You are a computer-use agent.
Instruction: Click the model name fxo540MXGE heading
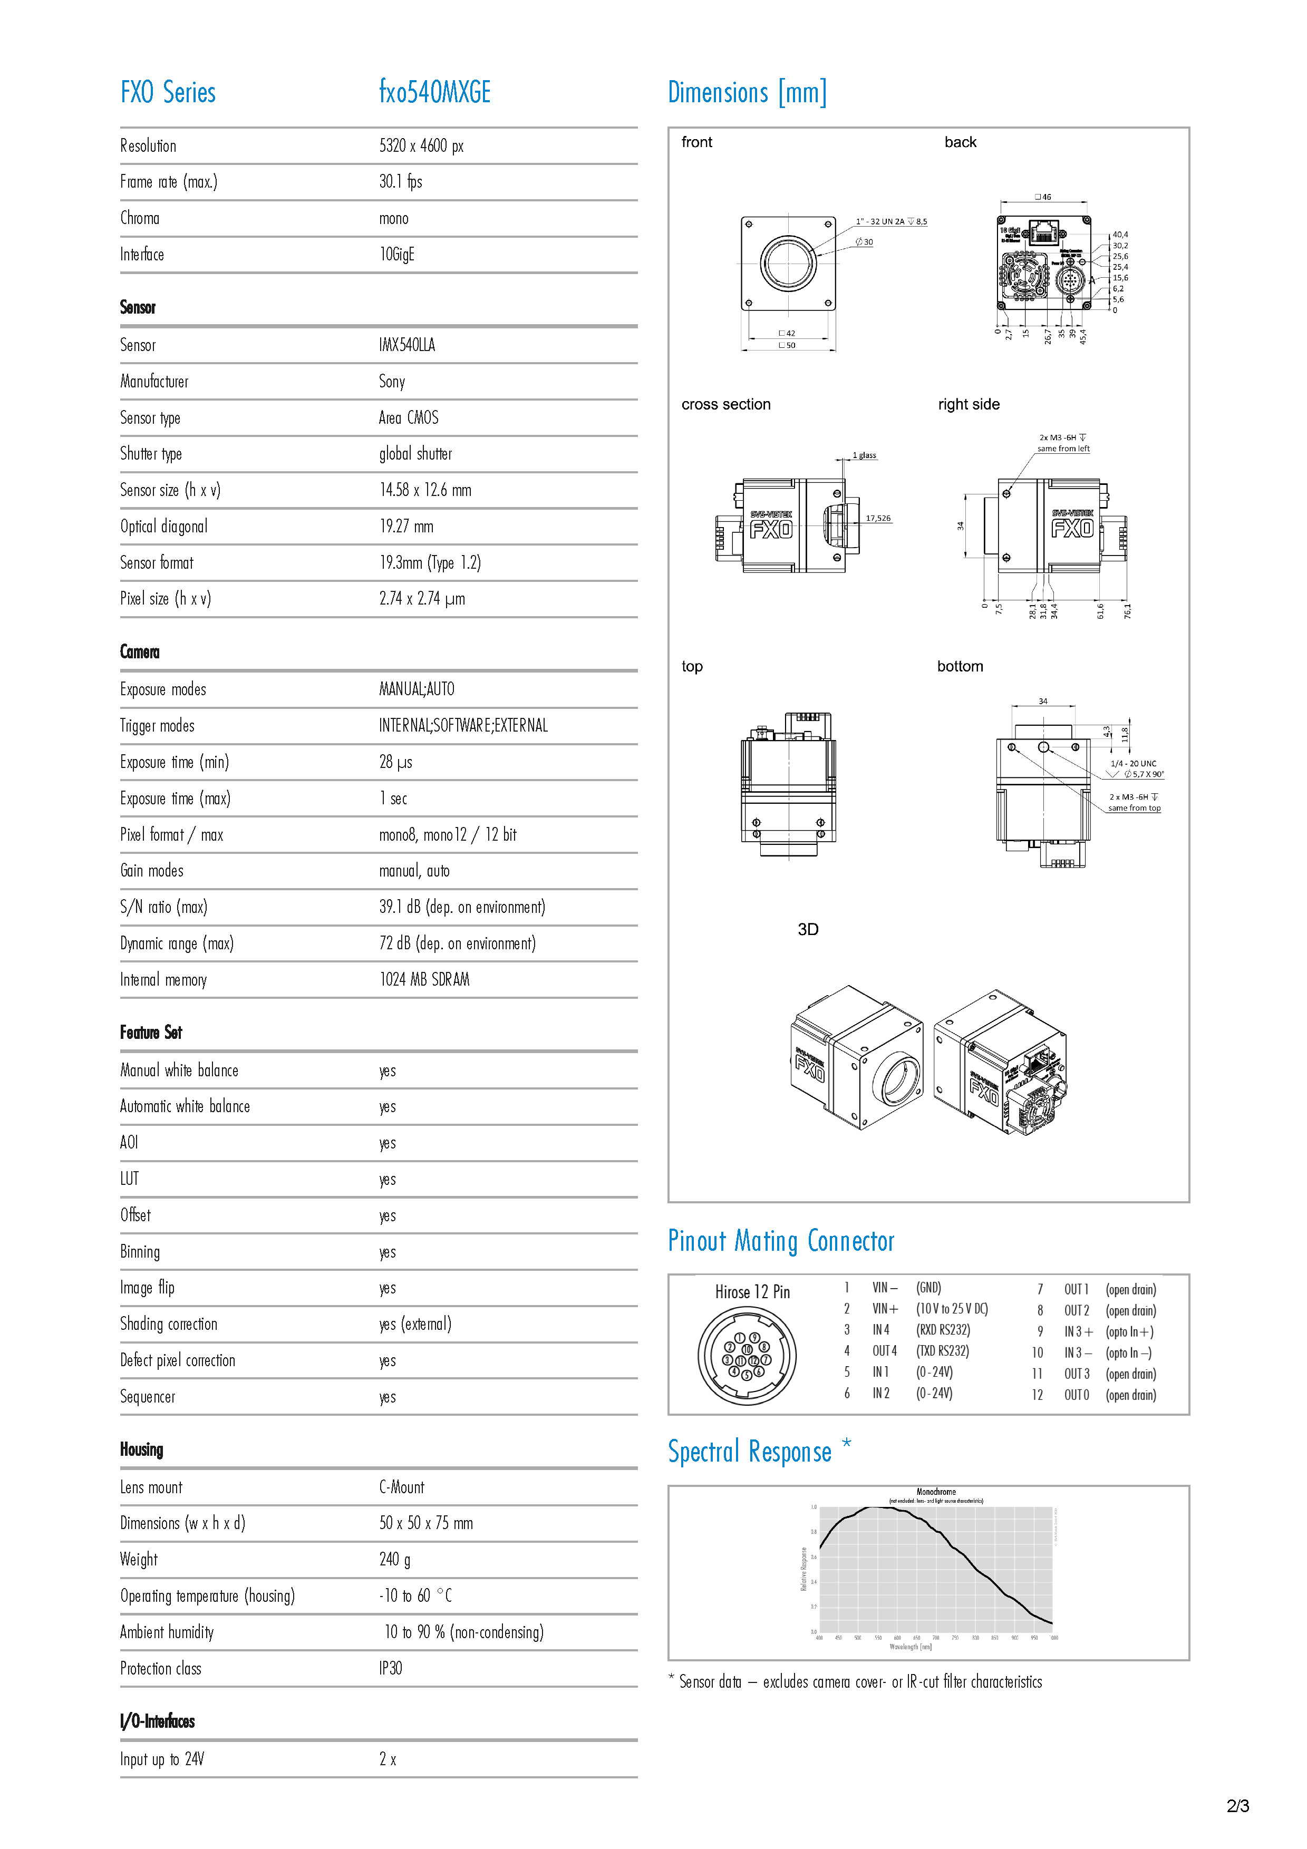click(x=435, y=93)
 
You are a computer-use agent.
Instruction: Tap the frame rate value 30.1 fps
click(x=400, y=182)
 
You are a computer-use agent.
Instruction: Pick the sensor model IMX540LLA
click(x=406, y=345)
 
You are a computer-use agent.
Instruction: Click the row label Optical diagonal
click(x=163, y=527)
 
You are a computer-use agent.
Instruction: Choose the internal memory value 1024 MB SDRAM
click(x=424, y=980)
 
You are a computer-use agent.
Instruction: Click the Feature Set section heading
click(x=151, y=1033)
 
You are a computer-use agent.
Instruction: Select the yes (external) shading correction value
click(x=415, y=1325)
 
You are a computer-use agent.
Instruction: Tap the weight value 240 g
click(x=394, y=1560)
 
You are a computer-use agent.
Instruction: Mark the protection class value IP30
click(x=391, y=1669)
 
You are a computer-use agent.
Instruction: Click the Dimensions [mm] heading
click(x=747, y=93)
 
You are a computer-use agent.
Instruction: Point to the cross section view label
click(x=725, y=404)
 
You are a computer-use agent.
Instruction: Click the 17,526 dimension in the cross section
click(x=878, y=519)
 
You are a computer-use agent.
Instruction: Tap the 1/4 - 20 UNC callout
click(x=1132, y=763)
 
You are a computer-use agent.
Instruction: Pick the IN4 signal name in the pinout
click(x=881, y=1330)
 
